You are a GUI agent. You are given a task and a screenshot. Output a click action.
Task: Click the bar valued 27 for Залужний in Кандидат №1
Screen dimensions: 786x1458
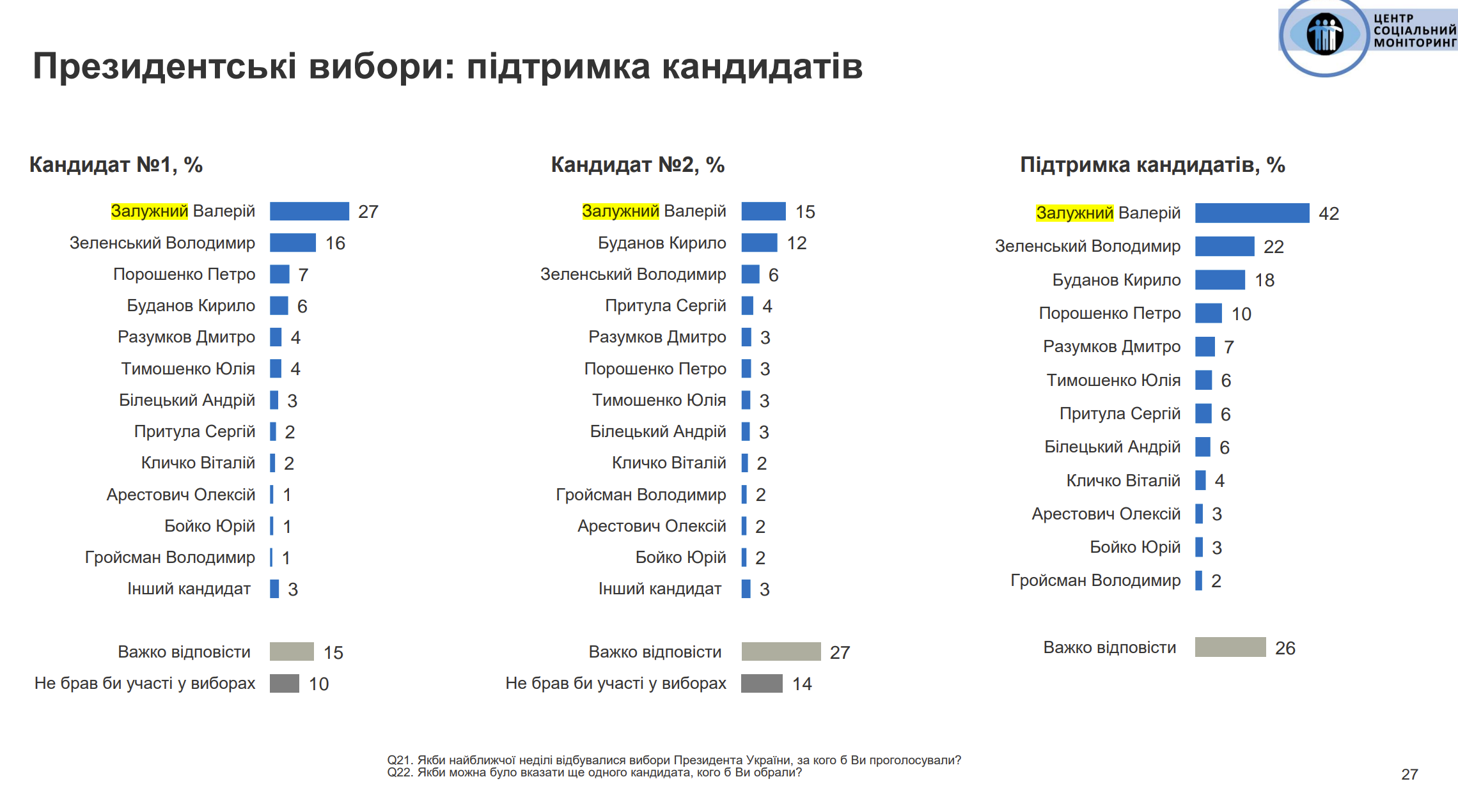click(x=309, y=211)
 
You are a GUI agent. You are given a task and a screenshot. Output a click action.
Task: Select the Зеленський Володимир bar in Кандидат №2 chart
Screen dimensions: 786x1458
click(x=750, y=274)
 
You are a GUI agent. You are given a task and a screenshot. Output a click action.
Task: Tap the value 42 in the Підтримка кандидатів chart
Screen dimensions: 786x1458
click(x=1328, y=213)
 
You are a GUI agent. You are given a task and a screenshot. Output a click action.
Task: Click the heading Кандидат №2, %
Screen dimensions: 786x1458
click(x=638, y=165)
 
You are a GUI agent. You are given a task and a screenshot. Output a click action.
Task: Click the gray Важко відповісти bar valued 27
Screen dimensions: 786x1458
click(x=781, y=652)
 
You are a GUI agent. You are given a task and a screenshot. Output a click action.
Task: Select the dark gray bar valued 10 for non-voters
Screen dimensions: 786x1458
click(x=285, y=683)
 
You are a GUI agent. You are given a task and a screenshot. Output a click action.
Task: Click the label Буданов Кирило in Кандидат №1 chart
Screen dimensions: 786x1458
click(x=191, y=305)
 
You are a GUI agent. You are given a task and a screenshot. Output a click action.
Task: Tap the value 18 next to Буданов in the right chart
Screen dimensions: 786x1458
click(x=1264, y=281)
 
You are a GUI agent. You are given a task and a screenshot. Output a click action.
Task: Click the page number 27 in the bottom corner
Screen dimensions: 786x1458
click(x=1409, y=774)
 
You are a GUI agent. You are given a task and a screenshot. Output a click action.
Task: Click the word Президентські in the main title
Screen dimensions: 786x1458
click(x=164, y=66)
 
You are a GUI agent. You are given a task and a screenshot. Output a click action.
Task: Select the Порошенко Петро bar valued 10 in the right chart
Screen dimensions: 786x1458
click(x=1209, y=313)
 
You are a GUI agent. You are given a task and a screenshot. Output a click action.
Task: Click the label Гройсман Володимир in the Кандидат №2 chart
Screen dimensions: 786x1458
click(x=641, y=495)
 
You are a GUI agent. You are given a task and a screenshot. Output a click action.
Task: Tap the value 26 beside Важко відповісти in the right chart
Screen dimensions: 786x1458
click(x=1285, y=648)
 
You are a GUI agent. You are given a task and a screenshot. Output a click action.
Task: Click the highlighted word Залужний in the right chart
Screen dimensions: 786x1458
click(x=1074, y=213)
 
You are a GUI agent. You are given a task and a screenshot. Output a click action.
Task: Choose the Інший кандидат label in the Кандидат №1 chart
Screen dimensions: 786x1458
click(x=189, y=589)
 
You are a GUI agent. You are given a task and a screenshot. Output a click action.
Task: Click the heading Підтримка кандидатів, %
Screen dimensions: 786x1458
click(x=1152, y=165)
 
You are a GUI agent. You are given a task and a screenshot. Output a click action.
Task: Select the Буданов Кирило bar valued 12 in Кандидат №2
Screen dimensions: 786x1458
click(x=759, y=243)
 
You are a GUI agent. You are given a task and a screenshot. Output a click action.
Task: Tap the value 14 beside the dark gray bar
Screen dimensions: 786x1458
click(x=802, y=684)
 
